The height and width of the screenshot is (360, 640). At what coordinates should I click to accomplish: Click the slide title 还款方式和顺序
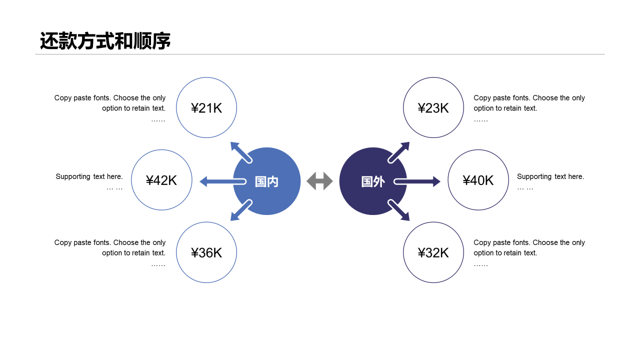click(105, 41)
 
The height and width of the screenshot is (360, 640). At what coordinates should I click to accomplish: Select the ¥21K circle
click(206, 107)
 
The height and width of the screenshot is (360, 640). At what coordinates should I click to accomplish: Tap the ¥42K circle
click(161, 180)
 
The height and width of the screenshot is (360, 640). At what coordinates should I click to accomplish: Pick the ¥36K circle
click(206, 252)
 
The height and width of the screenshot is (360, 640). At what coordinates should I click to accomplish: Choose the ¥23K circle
click(433, 107)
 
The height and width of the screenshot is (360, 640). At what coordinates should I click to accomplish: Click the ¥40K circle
click(478, 180)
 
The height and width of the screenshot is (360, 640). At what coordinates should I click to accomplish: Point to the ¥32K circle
click(433, 252)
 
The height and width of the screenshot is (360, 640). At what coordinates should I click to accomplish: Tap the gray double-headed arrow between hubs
click(319, 181)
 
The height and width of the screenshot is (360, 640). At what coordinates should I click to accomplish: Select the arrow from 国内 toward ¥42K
click(220, 181)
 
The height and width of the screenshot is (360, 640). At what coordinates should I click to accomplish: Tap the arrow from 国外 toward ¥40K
click(419, 181)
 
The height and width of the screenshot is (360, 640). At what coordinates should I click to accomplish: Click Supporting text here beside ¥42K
click(89, 176)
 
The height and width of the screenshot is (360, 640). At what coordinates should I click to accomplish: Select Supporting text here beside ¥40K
click(550, 176)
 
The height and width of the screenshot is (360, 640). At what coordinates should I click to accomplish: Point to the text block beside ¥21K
click(110, 103)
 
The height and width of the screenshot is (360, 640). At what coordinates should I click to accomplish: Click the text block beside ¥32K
click(529, 247)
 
